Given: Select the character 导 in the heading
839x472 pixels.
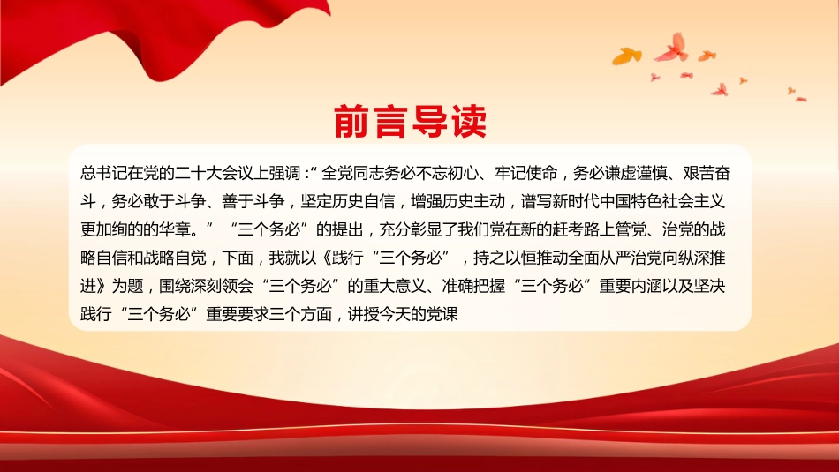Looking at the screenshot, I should point(429,122).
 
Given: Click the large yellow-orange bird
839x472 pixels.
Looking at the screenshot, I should point(627,55).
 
